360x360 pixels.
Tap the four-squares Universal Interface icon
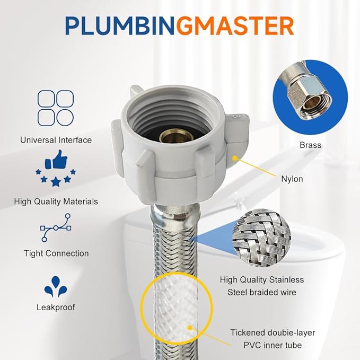pyautogui.click(x=55, y=108)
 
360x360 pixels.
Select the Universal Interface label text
pyautogui.click(x=56, y=140)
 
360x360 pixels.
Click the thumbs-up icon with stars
pyautogui.click(x=55, y=171)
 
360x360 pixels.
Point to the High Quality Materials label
pyautogui.click(x=56, y=201)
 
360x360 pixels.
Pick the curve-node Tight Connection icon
pyautogui.click(x=55, y=227)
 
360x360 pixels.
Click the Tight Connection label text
pyautogui.click(x=56, y=253)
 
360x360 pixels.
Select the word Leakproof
pyautogui.click(x=56, y=307)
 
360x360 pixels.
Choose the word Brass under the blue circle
pyautogui.click(x=310, y=145)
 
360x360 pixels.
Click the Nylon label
pyautogui.click(x=292, y=179)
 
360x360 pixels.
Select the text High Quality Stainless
pyautogui.click(x=262, y=279)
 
